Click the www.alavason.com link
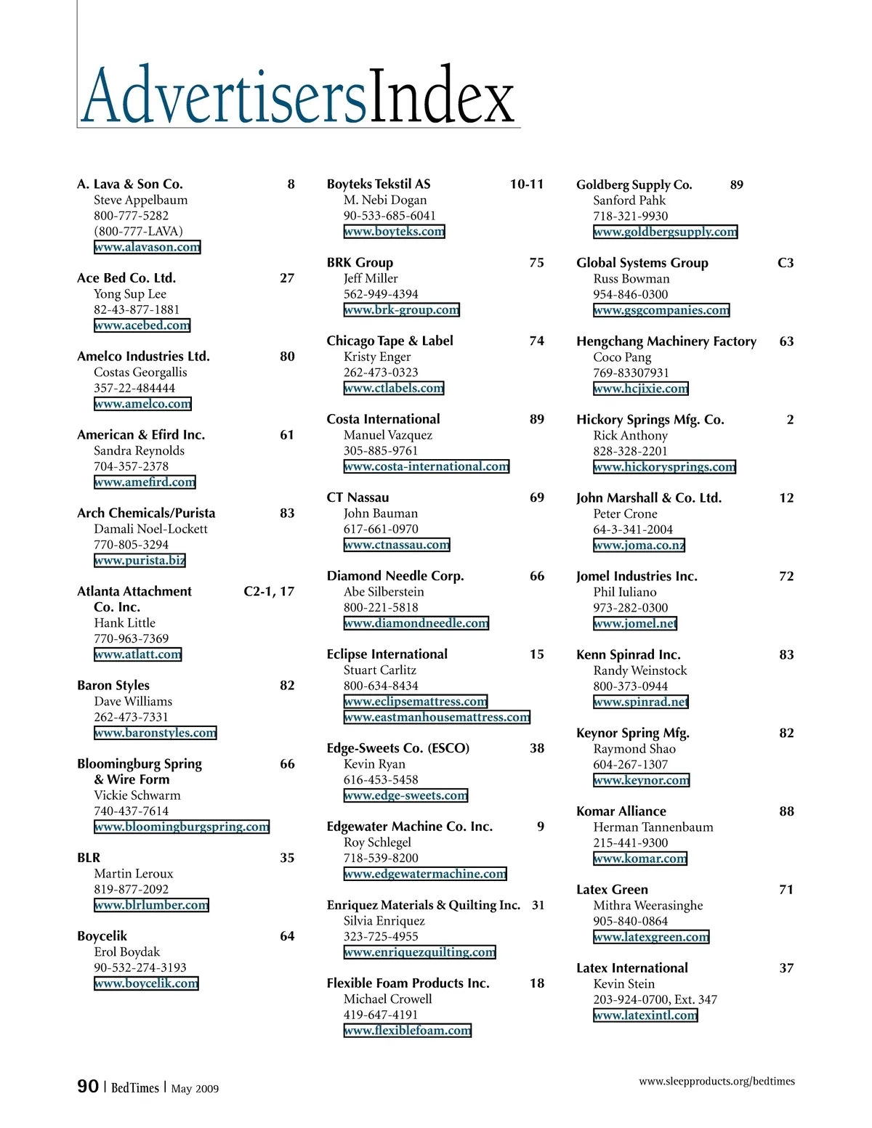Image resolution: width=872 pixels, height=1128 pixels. (147, 247)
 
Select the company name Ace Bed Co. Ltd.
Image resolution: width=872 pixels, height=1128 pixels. (126, 278)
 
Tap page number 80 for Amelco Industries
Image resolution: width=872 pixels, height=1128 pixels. (287, 357)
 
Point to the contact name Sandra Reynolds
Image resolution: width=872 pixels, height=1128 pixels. (139, 450)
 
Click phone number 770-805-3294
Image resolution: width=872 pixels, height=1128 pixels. (131, 545)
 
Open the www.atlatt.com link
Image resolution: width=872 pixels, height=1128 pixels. (137, 654)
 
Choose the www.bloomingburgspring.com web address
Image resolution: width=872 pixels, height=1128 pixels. (182, 827)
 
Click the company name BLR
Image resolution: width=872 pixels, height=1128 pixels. (89, 858)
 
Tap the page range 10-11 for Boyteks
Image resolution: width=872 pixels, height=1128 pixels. (526, 184)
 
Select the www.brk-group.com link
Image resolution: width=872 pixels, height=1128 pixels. (401, 310)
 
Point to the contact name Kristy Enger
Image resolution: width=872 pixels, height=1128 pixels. (377, 357)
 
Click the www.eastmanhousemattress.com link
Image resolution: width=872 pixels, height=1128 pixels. (437, 718)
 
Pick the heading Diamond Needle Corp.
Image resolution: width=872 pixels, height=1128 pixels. (395, 576)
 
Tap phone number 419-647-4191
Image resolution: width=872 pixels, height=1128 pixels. (381, 1015)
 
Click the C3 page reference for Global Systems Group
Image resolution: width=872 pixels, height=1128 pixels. (786, 263)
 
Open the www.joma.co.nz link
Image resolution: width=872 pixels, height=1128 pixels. (639, 545)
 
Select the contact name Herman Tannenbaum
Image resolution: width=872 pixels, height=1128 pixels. (653, 827)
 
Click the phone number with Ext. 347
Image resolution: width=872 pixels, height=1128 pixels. (655, 999)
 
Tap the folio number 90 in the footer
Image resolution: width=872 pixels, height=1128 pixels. (88, 1087)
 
